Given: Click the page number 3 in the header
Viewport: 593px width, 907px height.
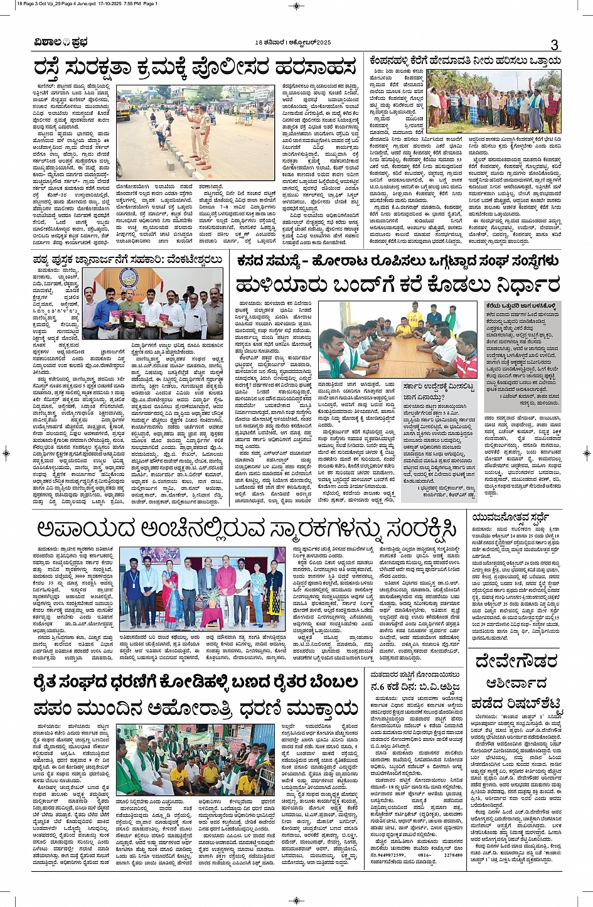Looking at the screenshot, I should (554, 45).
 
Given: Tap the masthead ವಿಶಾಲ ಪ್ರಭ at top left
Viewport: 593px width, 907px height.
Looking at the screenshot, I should (61, 43).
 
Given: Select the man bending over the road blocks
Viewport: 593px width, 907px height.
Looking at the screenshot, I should (164, 131).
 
